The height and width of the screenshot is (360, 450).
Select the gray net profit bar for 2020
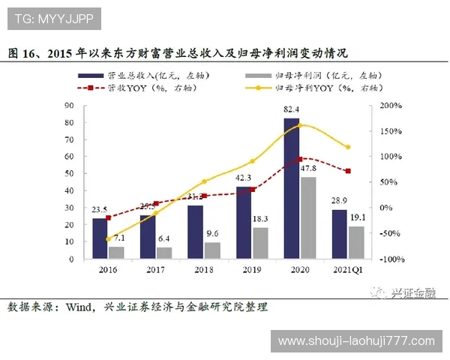click(x=307, y=218)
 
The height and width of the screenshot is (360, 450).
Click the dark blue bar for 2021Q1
click(x=339, y=234)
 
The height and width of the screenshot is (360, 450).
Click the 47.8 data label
click(x=308, y=169)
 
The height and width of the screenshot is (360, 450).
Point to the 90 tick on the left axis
click(x=68, y=106)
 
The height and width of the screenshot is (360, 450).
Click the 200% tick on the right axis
click(x=391, y=106)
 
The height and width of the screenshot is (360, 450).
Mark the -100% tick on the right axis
click(x=390, y=259)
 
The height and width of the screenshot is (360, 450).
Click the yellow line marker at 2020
click(x=300, y=125)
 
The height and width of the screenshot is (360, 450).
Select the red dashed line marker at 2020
click(x=300, y=159)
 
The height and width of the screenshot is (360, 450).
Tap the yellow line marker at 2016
click(x=108, y=239)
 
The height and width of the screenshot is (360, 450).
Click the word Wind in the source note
click(x=77, y=307)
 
